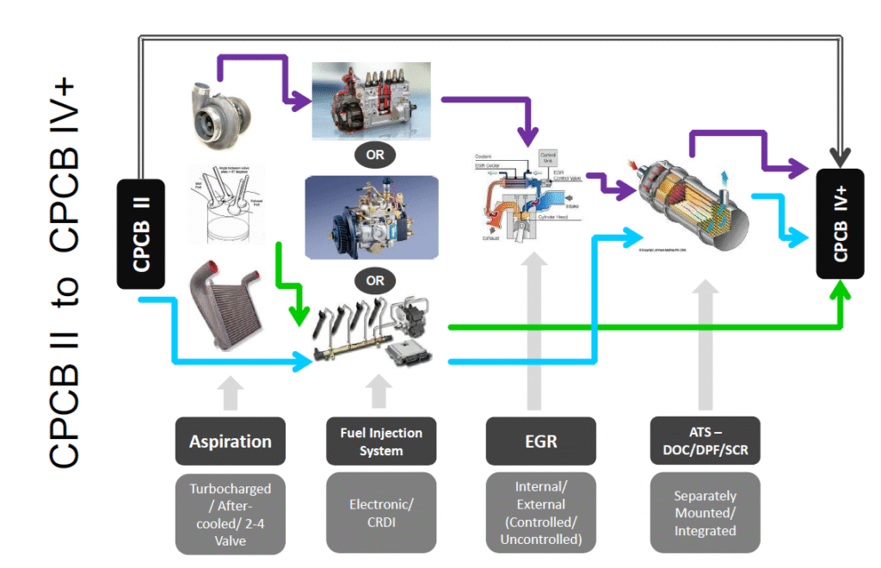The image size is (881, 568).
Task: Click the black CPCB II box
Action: coord(141,232)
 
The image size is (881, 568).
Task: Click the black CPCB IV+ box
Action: coord(841,224)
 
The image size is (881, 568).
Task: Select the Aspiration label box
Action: coord(230,441)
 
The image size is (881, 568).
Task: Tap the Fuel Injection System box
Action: coord(380,441)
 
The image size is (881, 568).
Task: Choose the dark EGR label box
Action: coord(540,441)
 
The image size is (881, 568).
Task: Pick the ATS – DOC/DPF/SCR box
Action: coord(705,441)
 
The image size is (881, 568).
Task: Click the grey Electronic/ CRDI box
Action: coord(380,513)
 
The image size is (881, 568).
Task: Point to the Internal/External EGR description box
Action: coord(540,513)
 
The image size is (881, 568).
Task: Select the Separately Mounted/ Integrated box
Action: coord(705,513)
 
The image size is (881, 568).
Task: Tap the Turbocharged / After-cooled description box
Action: coord(230,513)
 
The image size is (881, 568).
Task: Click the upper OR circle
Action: coord(375,157)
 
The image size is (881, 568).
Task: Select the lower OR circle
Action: coord(375,281)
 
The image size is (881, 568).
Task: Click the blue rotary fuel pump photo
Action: coord(372,219)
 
